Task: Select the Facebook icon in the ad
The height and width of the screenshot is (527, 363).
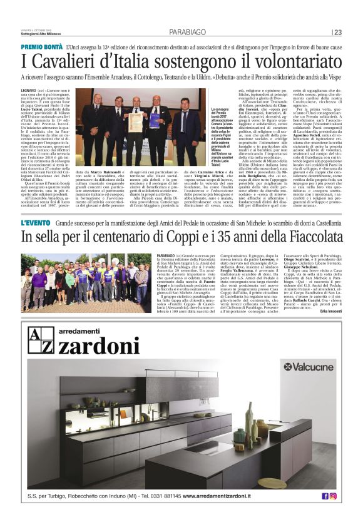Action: pyautogui.click(x=325, y=496)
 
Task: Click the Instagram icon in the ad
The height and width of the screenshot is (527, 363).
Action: pyautogui.click(x=333, y=496)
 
